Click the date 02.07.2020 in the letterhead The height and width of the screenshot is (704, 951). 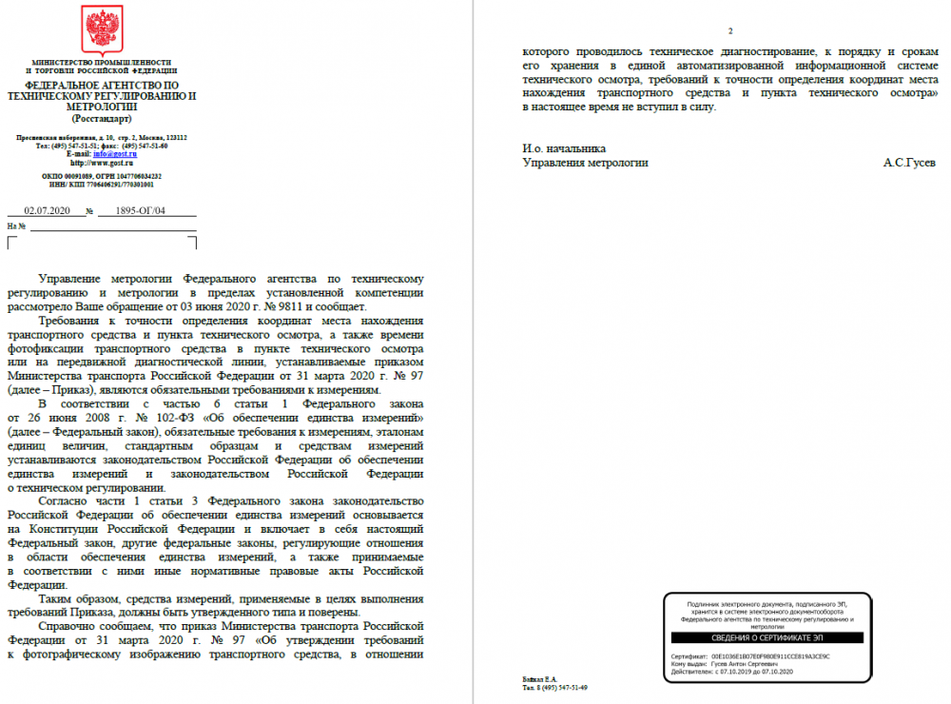[45, 211]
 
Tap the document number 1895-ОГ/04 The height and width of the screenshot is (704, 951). [139, 211]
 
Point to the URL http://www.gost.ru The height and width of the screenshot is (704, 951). [102, 163]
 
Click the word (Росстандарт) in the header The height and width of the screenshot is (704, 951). [102, 118]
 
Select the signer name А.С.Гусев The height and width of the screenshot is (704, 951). [908, 163]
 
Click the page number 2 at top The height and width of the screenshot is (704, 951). [729, 32]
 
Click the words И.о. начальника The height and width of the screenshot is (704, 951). [564, 148]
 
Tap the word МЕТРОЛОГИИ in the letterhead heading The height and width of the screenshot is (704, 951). [102, 108]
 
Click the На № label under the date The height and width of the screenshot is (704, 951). [16, 226]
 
